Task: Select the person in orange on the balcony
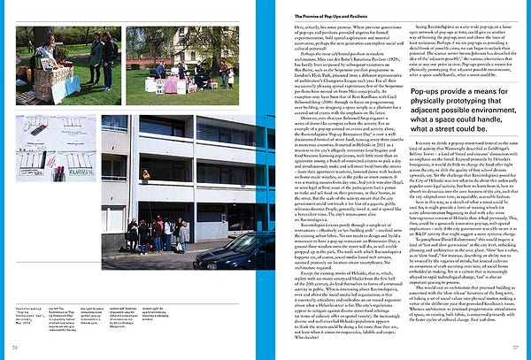[145, 176]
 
